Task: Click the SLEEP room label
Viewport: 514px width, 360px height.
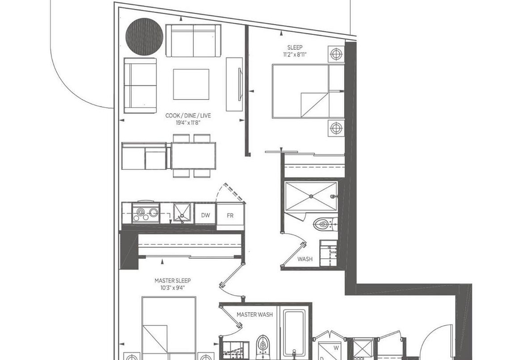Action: coord(294,48)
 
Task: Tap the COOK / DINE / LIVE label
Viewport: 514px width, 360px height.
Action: coord(188,116)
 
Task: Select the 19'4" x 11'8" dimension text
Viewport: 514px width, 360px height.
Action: coord(188,123)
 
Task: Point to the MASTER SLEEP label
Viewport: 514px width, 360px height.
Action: coord(172,281)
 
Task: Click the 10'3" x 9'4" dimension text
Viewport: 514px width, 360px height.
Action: coord(173,288)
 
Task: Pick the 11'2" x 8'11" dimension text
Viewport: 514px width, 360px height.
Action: coord(295,55)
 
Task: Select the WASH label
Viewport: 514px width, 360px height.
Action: coord(305,259)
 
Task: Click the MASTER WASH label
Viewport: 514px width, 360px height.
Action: coord(255,315)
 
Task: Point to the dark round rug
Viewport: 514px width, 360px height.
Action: coord(144,36)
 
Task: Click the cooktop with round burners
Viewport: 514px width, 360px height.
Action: coord(146,213)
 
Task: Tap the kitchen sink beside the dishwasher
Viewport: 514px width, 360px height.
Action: coord(183,213)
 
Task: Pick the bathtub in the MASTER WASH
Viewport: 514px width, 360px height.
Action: coord(294,333)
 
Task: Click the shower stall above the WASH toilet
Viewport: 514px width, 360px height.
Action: coord(311,197)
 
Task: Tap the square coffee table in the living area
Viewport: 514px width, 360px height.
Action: coord(191,84)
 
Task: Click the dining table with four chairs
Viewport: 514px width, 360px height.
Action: coord(193,156)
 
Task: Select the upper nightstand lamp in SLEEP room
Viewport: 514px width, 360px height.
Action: coord(336,54)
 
